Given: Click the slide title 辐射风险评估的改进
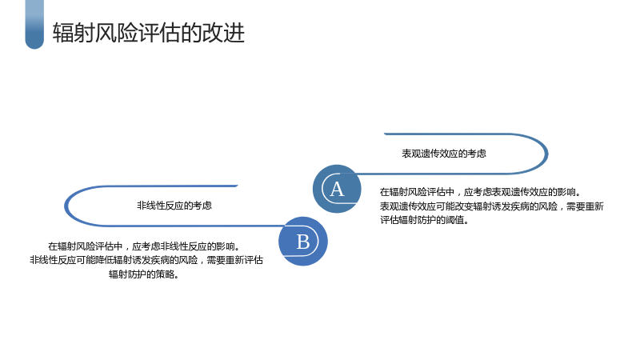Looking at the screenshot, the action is (149, 33).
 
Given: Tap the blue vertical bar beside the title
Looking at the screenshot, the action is (34, 25).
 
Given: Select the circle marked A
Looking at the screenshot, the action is (337, 189).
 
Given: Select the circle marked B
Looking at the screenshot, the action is (303, 242).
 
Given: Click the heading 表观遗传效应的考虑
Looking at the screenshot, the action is (444, 154).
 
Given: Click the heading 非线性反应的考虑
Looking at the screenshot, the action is (174, 206).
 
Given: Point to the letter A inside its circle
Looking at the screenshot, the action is (337, 189).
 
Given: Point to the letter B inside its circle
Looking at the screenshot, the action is (303, 242).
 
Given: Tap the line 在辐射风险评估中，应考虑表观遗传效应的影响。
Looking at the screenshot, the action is (481, 192).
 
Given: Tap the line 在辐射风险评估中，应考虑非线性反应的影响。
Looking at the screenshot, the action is (144, 246).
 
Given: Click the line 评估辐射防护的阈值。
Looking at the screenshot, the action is (425, 220).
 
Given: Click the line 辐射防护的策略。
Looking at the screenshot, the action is (144, 274).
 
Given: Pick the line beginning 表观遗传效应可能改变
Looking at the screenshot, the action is (492, 206).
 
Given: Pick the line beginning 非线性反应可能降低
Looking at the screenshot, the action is (146, 260).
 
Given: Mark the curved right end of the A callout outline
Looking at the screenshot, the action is (546, 154).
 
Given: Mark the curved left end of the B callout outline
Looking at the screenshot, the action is (66, 206).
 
